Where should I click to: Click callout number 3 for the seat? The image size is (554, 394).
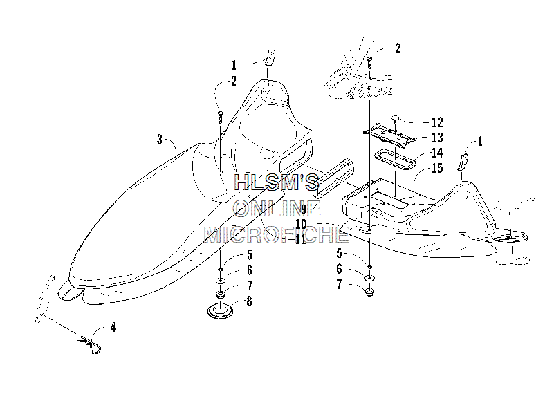160,140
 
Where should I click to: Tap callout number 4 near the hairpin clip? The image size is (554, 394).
113,328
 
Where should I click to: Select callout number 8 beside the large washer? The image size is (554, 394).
249,301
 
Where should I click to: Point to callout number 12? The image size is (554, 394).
437,122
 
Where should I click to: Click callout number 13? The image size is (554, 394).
437,138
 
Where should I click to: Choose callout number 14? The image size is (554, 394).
437,153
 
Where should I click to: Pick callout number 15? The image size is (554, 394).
437,168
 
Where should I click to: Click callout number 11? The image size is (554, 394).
300,240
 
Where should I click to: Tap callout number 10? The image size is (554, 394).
302,224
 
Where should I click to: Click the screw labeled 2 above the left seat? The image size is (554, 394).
220,116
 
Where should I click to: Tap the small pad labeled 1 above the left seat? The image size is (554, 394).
270,57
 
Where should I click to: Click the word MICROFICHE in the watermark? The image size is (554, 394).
277,235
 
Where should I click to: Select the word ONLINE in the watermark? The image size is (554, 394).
277,208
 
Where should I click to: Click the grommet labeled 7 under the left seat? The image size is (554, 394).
221,294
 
